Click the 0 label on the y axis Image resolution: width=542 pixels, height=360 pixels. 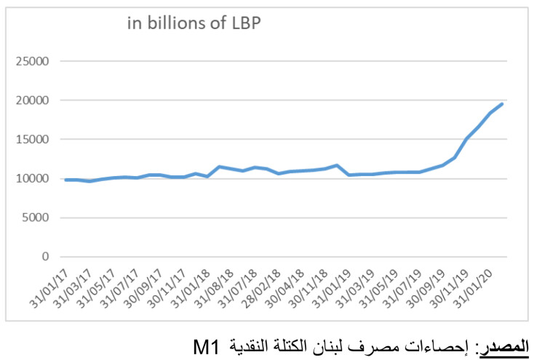pos(45,257)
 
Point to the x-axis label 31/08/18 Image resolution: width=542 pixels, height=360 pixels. pos(215,285)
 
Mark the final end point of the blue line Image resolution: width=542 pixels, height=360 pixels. pos(503,103)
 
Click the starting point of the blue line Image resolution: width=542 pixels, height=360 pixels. pos(65,180)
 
